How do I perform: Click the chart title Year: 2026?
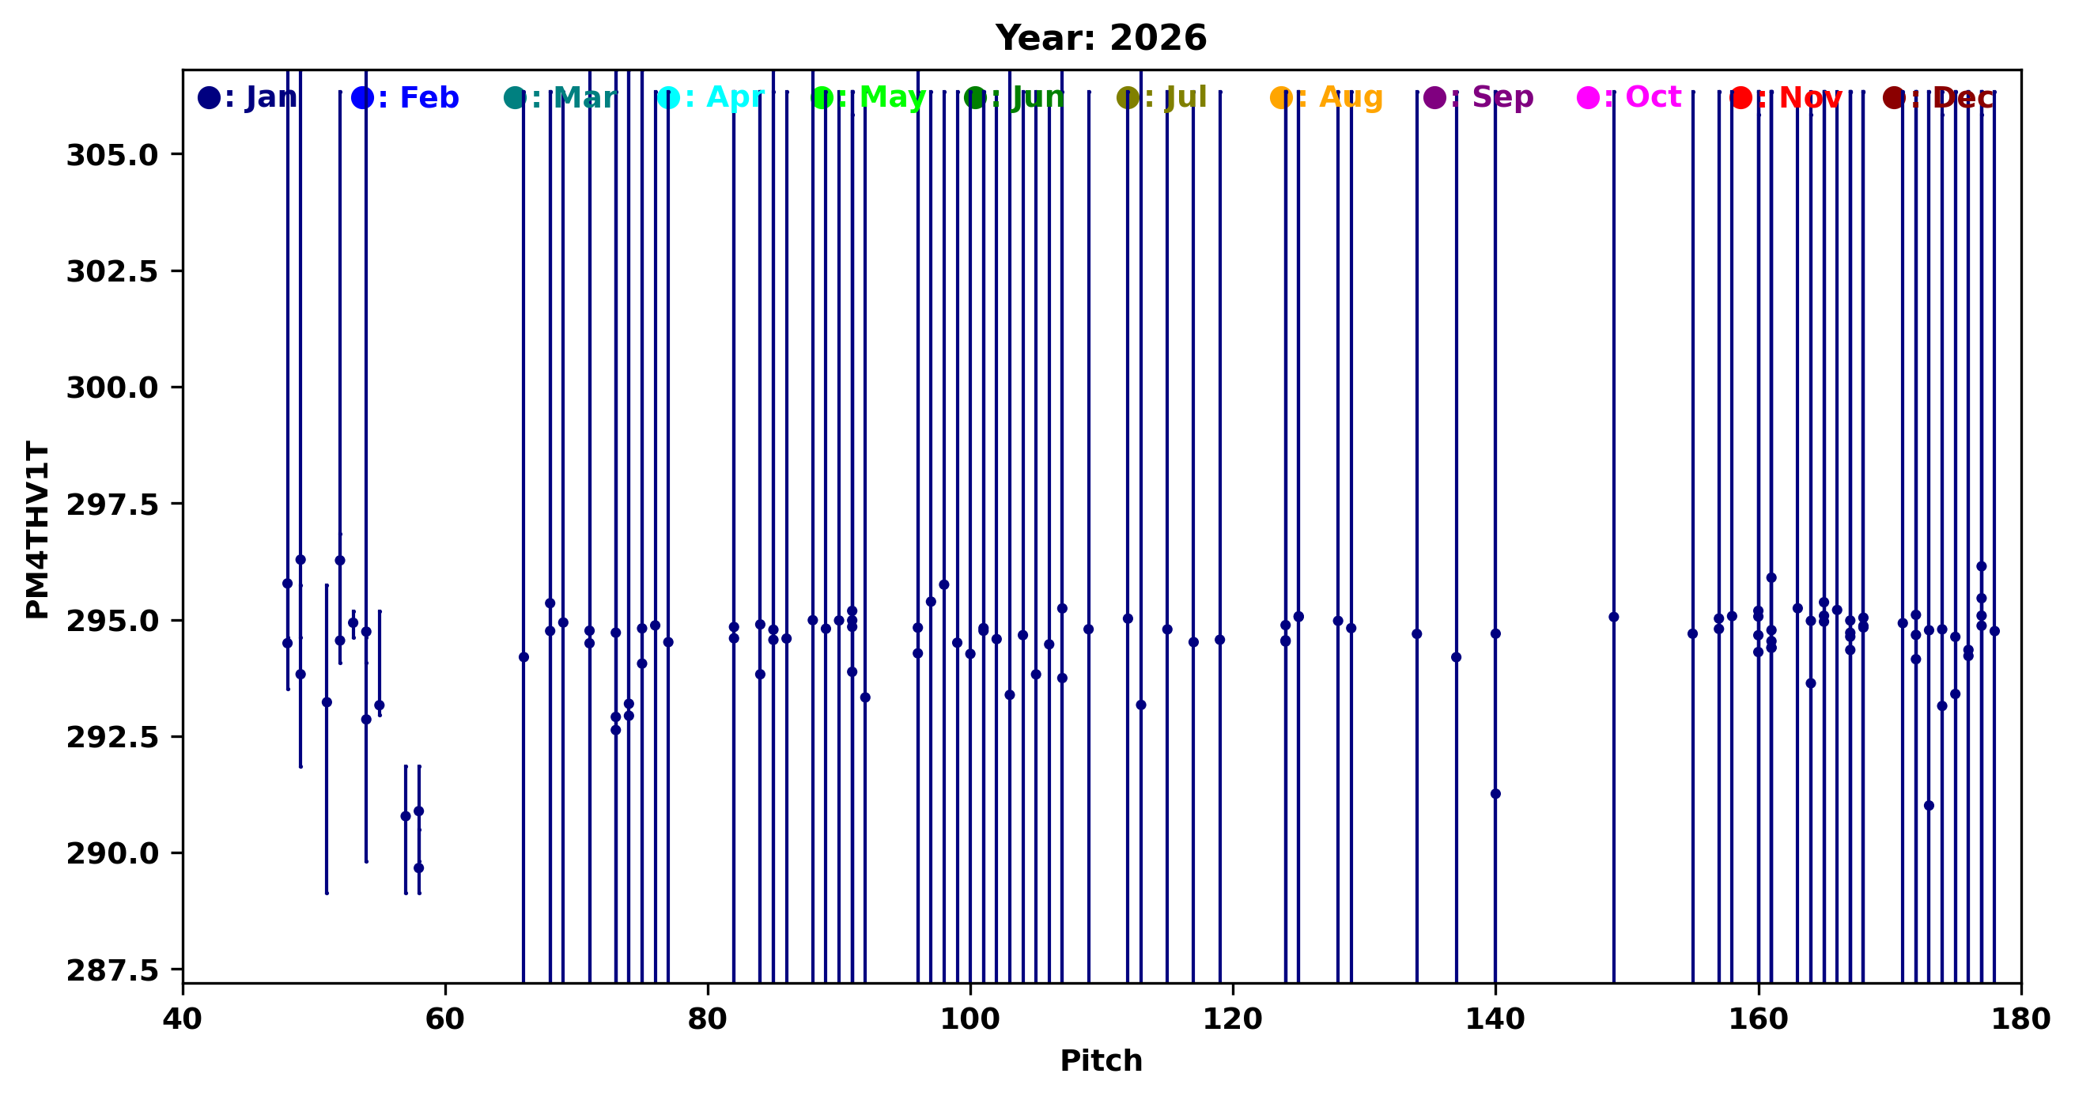(1100, 38)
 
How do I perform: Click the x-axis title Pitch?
(1100, 1061)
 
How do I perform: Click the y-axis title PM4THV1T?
(37, 529)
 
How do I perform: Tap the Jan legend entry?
(248, 98)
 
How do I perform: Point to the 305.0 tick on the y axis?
(112, 155)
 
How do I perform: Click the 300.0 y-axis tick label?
(112, 388)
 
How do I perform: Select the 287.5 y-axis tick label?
(112, 970)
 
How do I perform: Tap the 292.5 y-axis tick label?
(112, 738)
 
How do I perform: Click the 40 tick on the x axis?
(183, 1019)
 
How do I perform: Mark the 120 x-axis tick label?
(1233, 1019)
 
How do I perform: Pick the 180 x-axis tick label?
(2020, 1019)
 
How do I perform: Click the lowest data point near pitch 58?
(419, 868)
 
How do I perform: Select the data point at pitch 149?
(1613, 617)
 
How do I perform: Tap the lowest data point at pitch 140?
(1495, 794)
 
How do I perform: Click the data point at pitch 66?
(523, 657)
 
